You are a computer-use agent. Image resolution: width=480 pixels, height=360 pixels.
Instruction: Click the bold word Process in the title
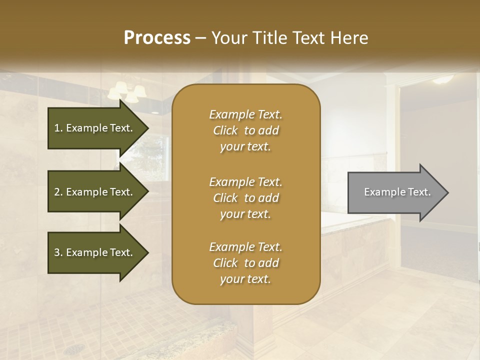point(157,38)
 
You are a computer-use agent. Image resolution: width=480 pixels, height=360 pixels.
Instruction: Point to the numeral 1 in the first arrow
point(57,128)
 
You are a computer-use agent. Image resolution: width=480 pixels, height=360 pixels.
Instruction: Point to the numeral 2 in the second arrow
point(57,192)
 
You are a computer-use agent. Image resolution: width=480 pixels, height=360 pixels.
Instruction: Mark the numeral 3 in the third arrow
point(57,252)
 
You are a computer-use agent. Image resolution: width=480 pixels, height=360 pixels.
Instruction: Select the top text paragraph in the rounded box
point(245,130)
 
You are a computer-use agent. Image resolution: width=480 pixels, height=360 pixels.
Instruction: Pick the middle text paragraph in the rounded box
point(245,198)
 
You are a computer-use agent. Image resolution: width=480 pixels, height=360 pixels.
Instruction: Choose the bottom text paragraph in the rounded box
point(245,263)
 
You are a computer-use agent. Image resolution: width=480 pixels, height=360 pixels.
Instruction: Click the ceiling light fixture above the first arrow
point(127,91)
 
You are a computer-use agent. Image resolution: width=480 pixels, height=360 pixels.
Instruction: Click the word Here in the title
point(349,38)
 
